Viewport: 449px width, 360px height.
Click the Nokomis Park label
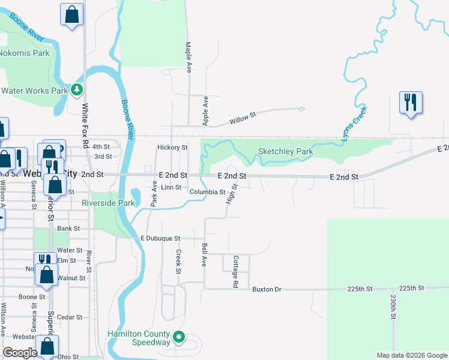24,53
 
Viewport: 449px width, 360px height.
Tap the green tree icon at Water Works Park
76,91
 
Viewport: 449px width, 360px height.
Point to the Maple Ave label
188,57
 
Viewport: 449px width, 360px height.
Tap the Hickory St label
172,147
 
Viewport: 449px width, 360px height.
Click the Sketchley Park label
285,152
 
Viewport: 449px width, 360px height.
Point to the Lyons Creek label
354,124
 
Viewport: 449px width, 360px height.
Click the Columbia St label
207,193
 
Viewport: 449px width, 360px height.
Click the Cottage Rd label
236,271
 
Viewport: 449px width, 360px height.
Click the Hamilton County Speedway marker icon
178,338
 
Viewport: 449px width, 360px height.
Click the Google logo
20,353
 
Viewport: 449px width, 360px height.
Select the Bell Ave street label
204,255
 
